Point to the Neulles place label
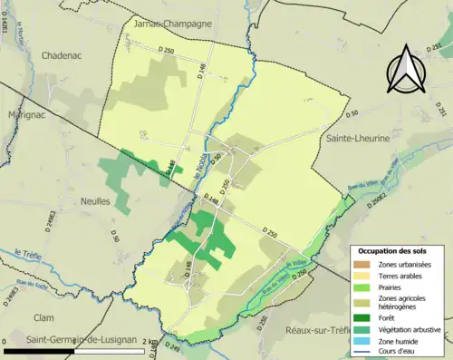point(94,201)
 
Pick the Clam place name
point(43,317)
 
